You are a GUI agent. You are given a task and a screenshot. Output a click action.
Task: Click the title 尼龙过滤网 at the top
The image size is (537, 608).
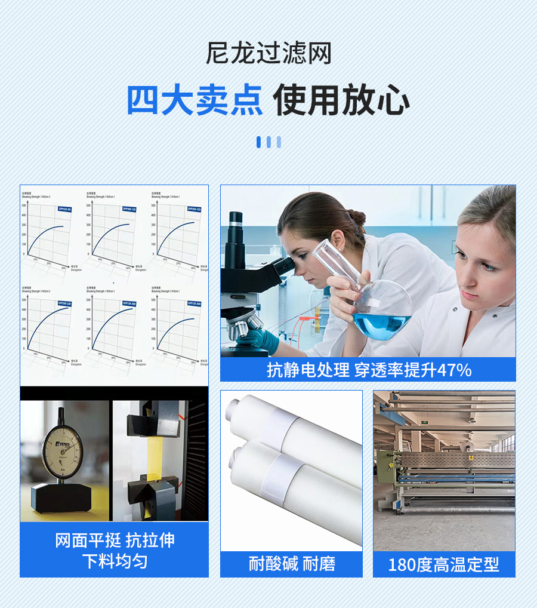268,54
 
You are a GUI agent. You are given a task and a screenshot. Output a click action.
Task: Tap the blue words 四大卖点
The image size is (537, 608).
195,100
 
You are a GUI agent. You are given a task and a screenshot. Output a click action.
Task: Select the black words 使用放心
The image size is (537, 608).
342,100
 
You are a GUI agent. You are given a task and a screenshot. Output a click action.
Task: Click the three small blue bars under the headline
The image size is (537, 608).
268,142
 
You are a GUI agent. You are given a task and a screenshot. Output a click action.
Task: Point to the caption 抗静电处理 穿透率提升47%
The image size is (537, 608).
369,370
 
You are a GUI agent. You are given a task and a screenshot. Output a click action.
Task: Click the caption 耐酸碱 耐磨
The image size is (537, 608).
292,564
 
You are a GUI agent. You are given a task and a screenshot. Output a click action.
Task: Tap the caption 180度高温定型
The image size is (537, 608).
444,564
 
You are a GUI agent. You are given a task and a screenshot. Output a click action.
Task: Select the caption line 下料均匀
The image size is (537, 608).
115,562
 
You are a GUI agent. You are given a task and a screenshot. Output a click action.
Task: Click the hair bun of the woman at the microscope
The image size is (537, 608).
356,216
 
